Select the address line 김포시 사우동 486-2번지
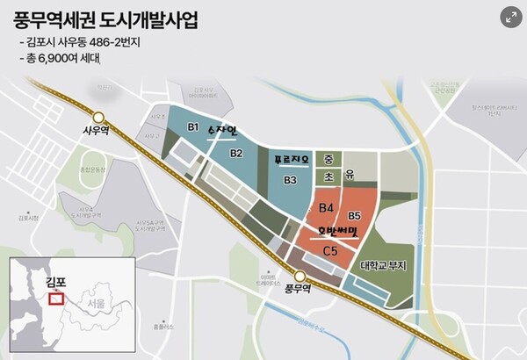83,43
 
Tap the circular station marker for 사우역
100,117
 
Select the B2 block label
236,154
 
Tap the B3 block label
290,180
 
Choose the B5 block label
355,215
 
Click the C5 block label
331,251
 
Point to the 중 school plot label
328,160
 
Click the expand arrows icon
510,17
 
